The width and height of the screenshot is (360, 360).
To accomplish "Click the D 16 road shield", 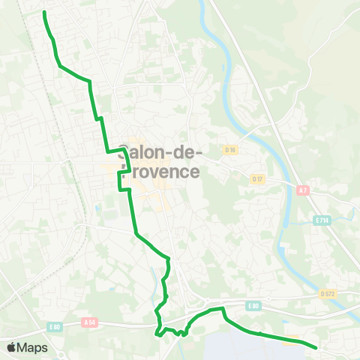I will pyautogui.click(x=230, y=150).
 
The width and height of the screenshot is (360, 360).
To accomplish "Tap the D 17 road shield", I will pyautogui.click(x=258, y=178).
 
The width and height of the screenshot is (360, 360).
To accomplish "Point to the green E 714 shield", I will pyautogui.click(x=322, y=220).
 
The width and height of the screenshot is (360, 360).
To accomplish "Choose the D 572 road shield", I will pyautogui.click(x=327, y=293).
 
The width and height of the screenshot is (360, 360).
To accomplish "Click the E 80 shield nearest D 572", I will pyautogui.click(x=253, y=305).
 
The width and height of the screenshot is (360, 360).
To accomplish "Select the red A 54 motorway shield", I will pyautogui.click(x=90, y=322).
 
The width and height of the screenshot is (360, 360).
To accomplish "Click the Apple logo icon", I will pyautogui.click(x=12, y=347).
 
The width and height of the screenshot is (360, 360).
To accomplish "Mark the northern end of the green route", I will pyautogui.click(x=44, y=13).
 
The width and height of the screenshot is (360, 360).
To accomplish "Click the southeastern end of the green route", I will pyautogui.click(x=316, y=347).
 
